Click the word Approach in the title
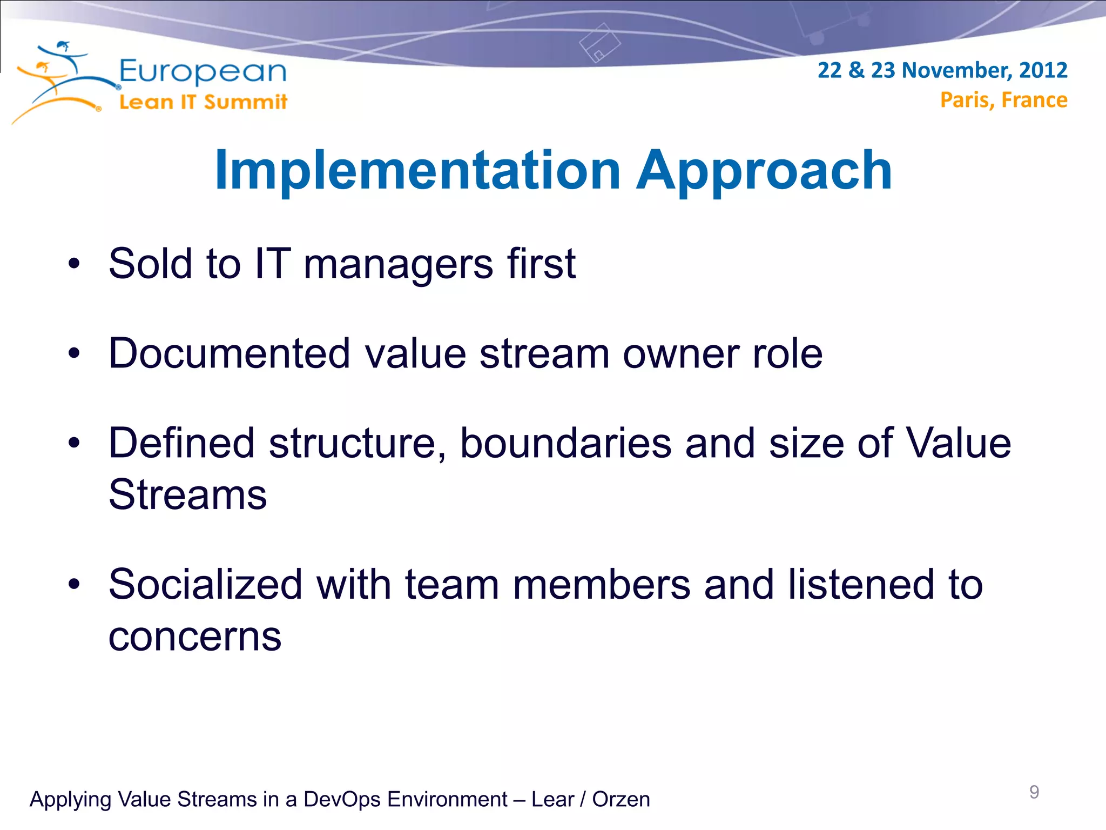764,172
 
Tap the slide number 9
1034,792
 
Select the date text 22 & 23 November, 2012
942,71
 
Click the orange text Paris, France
1003,101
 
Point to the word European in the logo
203,72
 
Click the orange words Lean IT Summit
203,102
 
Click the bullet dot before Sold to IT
74,264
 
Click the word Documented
230,354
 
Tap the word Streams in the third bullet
187,494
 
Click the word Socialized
205,585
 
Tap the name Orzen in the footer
621,800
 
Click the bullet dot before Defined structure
74,444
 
